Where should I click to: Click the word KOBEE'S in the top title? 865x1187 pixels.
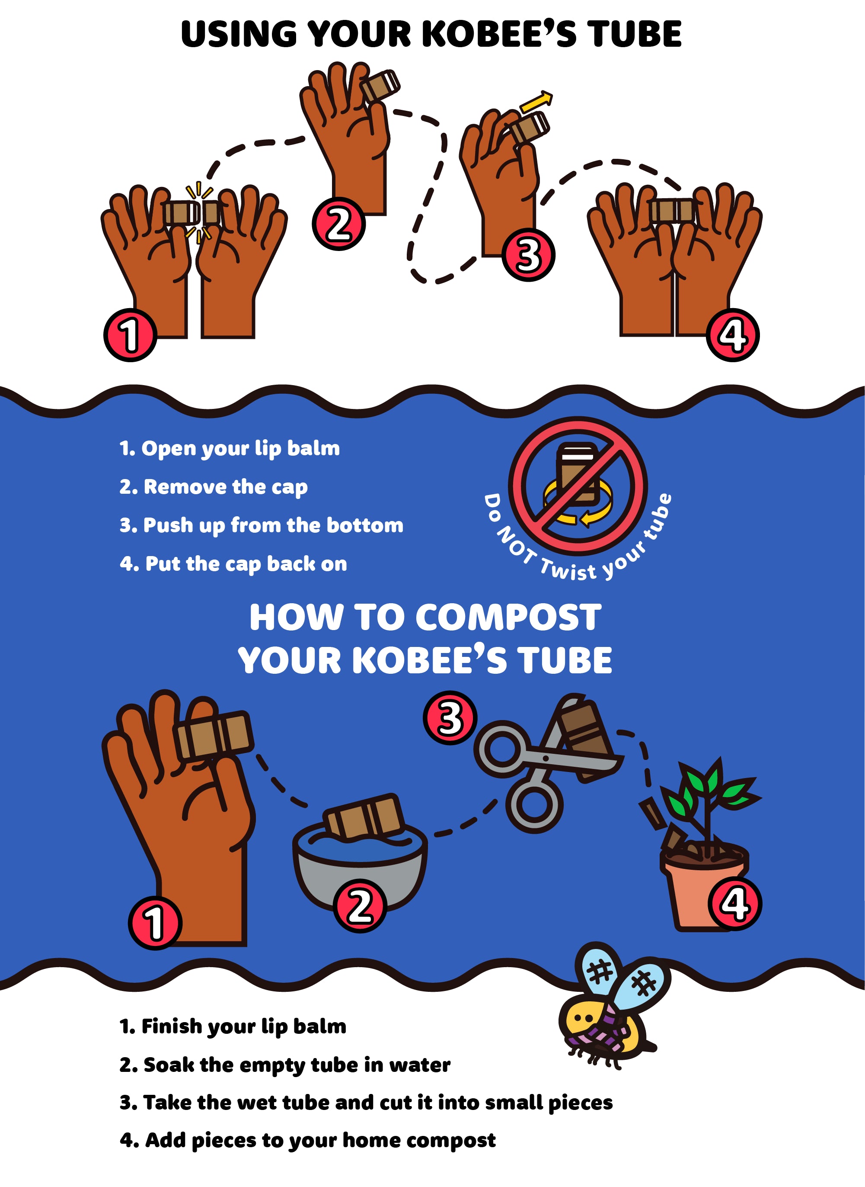(498, 34)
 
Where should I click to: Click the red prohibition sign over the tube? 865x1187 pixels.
(578, 486)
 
